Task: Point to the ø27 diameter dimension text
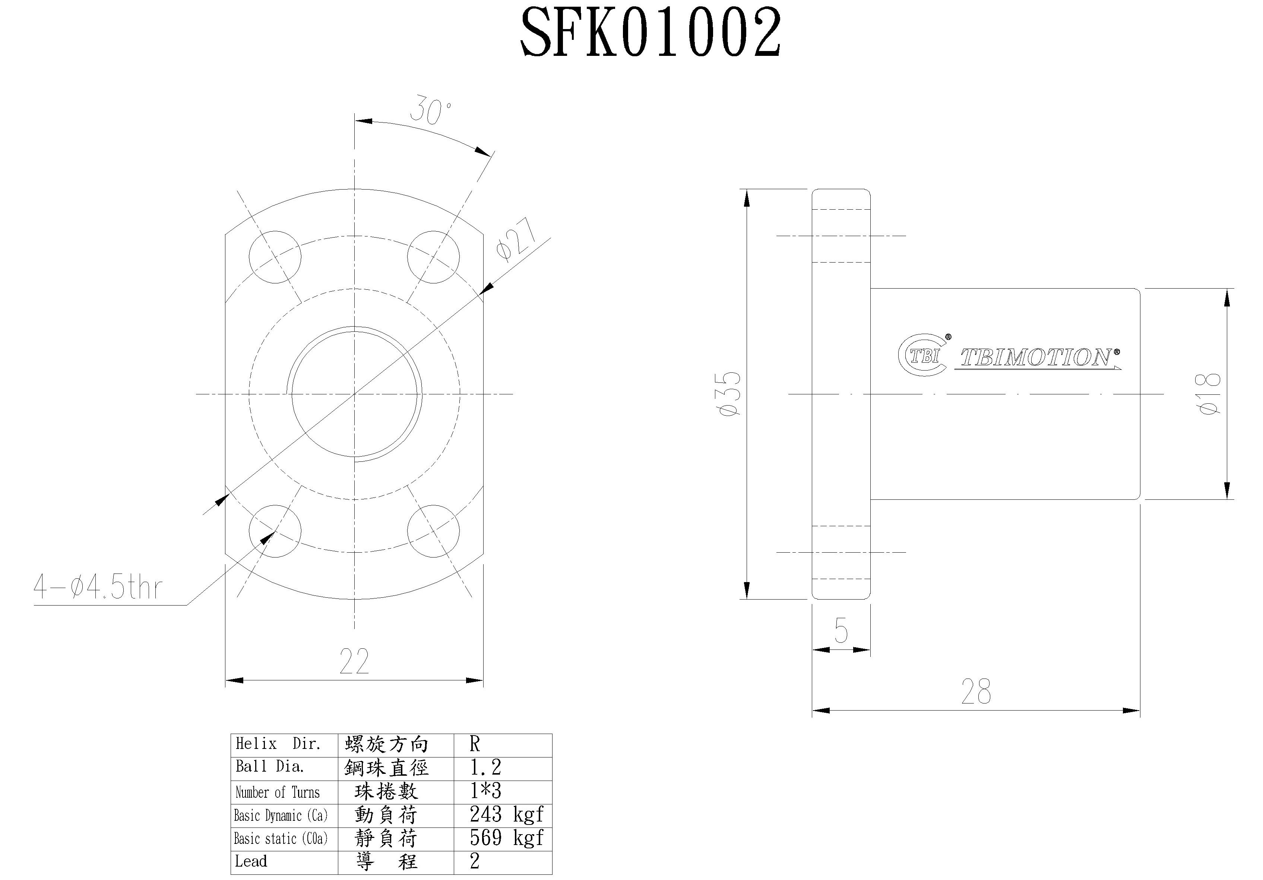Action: pos(515,238)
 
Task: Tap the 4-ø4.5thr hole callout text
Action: pos(98,587)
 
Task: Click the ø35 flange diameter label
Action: pos(731,394)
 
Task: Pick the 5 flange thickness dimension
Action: pos(841,630)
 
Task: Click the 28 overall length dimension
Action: pos(976,692)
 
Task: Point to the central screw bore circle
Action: pos(355,394)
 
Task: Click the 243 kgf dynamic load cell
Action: pos(506,814)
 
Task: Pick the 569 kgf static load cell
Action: pos(506,838)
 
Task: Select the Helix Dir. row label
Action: pos(278,744)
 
